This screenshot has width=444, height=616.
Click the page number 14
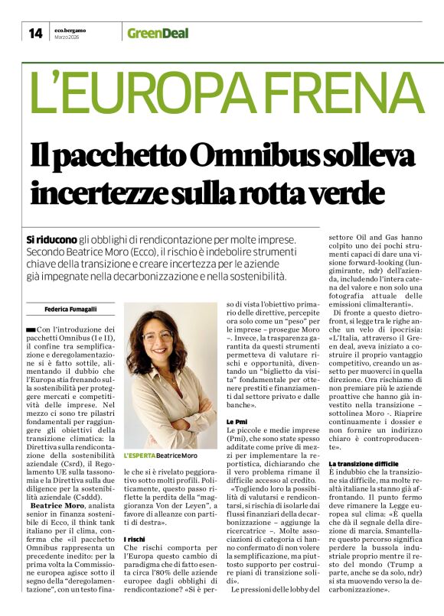click(35, 33)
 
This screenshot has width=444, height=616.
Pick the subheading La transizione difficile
click(364, 464)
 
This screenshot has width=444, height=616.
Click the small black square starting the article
click(30, 329)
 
